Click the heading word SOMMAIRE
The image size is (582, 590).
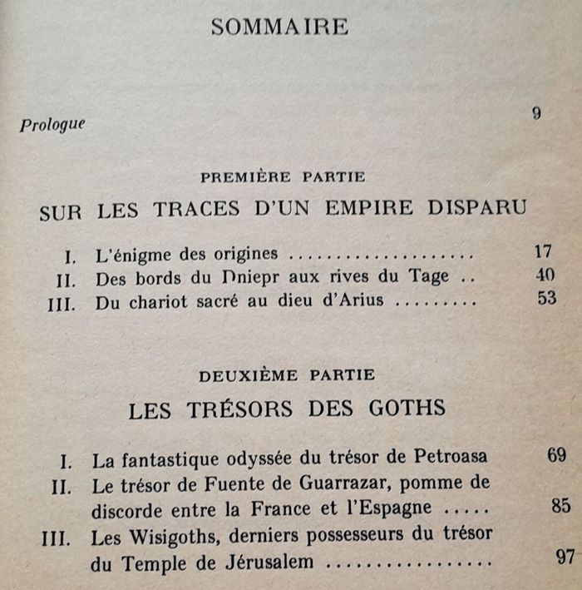tap(279, 27)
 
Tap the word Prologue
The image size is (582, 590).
tap(53, 124)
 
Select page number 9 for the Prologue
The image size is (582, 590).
tap(537, 113)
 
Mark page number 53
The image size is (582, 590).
tap(546, 297)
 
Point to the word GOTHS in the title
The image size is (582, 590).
tap(404, 408)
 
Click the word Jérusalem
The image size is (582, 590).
tap(267, 562)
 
